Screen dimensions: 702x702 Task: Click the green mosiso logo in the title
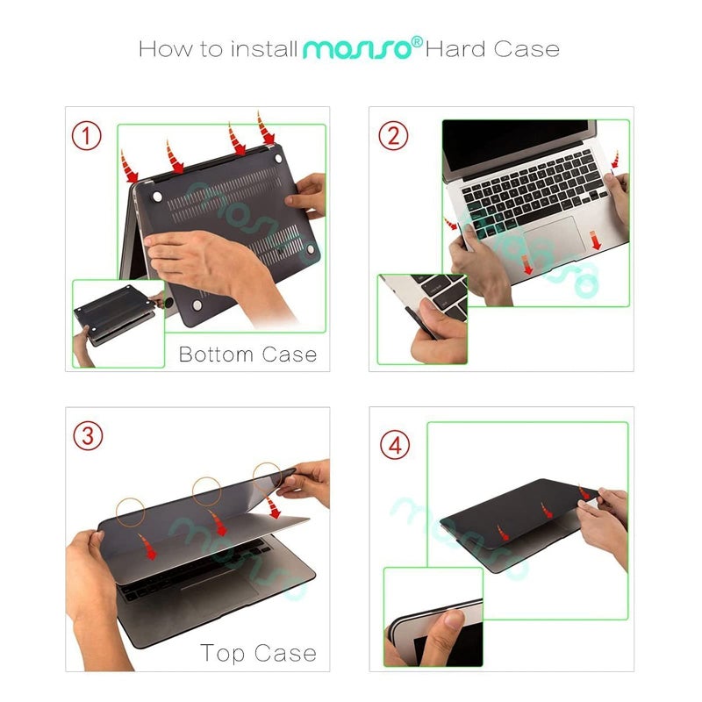(357, 49)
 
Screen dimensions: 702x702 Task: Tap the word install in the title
(264, 48)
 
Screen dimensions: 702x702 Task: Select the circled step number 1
(86, 135)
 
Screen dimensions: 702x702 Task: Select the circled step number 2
(393, 135)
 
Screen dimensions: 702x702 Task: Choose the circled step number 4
(395, 445)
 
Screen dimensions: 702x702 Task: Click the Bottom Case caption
(247, 355)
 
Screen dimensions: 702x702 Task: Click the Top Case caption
(258, 654)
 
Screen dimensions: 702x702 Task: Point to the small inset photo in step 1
(118, 322)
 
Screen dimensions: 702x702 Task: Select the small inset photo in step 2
(422, 318)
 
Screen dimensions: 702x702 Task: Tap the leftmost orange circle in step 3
(132, 512)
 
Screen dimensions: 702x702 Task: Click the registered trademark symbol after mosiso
(419, 40)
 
